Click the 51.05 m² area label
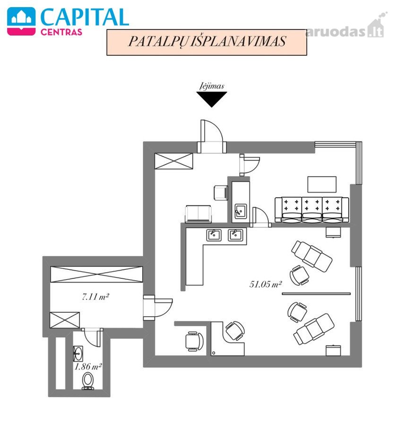pos(265,284)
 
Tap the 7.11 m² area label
pos(95,296)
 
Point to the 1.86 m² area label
pos(88,367)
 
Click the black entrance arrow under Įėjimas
pos(212,99)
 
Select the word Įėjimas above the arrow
pos(212,86)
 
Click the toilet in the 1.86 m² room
pos(88,381)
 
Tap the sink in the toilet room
pos(78,354)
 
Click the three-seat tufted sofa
pos(312,210)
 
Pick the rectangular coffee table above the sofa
pos(322,185)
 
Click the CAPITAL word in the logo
pos(85,17)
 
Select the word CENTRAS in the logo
pos(61,32)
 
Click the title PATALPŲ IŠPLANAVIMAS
pos(207,42)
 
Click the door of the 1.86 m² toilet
pos(92,337)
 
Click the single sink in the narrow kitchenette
pos(241,211)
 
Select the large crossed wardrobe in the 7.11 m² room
pos(96,275)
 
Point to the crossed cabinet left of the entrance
pos(173,161)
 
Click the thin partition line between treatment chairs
pos(316,293)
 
